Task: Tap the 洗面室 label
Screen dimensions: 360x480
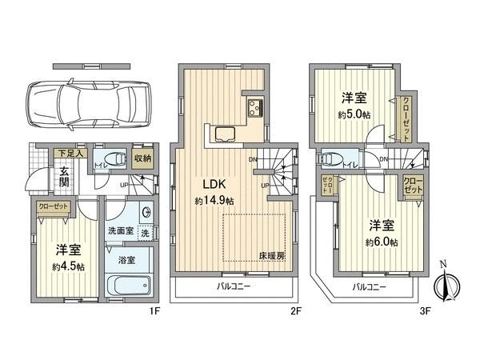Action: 119,231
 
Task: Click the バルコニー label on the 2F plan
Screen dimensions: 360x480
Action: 234,286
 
